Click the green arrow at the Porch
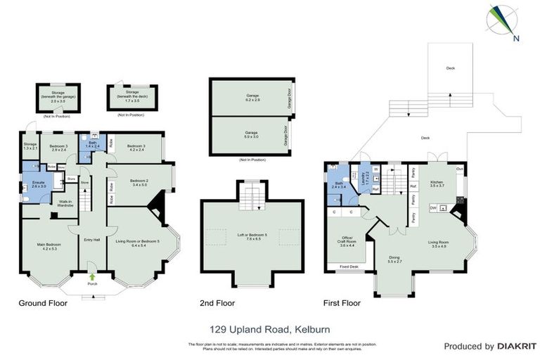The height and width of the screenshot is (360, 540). [92, 277]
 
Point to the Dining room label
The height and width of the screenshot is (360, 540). [394, 259]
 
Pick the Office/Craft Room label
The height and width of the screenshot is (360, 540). [347, 242]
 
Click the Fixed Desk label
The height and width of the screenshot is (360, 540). [349, 267]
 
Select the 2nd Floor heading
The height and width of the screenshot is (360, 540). [218, 304]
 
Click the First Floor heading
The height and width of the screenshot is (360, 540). [342, 304]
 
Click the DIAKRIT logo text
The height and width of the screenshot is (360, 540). [517, 347]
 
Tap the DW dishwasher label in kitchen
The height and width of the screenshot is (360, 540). [433, 207]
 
